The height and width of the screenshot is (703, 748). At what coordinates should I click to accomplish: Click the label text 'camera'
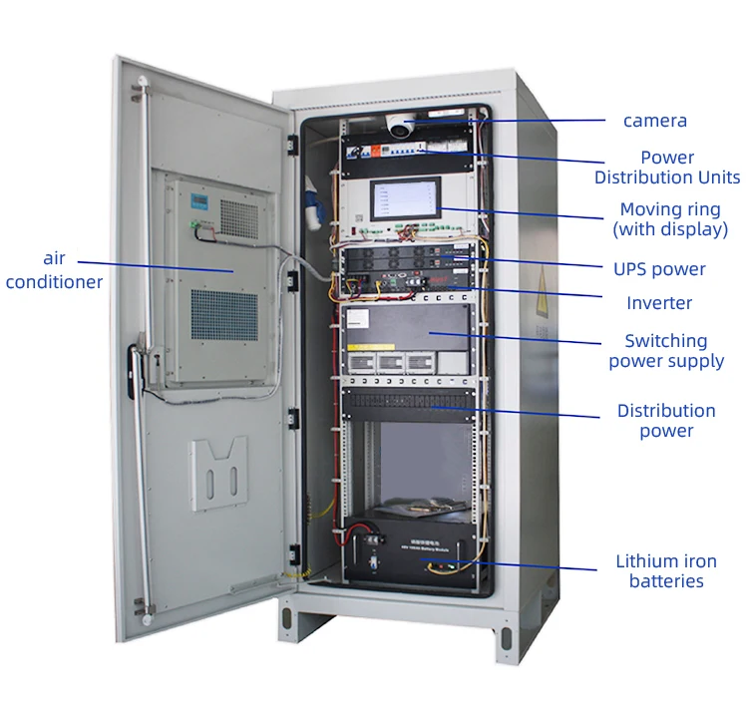click(654, 121)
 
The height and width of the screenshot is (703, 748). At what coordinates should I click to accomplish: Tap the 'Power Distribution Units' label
click(667, 168)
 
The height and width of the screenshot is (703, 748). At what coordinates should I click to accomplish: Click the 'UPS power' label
click(659, 269)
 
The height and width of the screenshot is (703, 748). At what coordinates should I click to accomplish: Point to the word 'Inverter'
click(659, 303)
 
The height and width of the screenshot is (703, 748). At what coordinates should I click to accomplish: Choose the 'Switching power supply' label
click(666, 351)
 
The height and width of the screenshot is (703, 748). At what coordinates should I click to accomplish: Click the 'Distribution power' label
click(666, 421)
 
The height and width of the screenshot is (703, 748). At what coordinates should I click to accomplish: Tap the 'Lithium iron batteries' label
click(666, 571)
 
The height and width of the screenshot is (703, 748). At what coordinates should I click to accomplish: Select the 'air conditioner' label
click(54, 271)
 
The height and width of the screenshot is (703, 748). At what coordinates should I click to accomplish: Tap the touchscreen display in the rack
click(404, 199)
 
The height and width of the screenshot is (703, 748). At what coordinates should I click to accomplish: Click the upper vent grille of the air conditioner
click(238, 217)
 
